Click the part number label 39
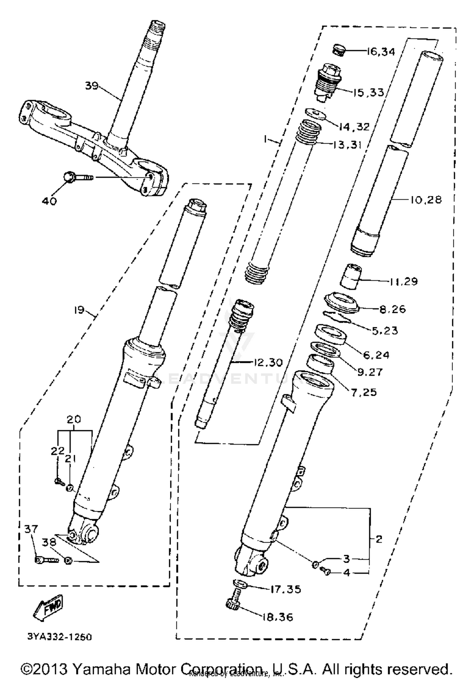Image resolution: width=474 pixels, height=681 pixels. (92, 86)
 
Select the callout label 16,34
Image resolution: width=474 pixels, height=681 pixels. (381, 51)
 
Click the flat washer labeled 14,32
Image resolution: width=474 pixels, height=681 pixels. (315, 114)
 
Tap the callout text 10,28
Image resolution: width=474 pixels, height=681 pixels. (426, 200)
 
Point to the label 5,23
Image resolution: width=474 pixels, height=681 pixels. (385, 331)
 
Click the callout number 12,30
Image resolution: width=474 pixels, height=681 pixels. (268, 363)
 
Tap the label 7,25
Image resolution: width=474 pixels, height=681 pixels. (364, 392)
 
